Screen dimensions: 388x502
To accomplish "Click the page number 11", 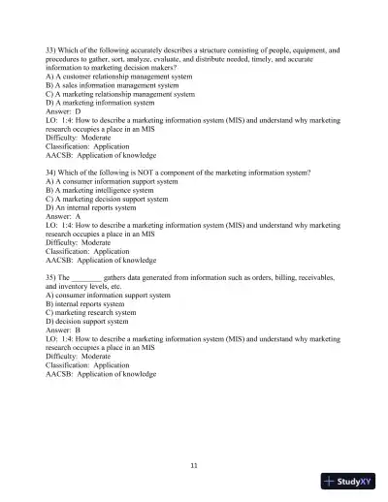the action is [x=194, y=465].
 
